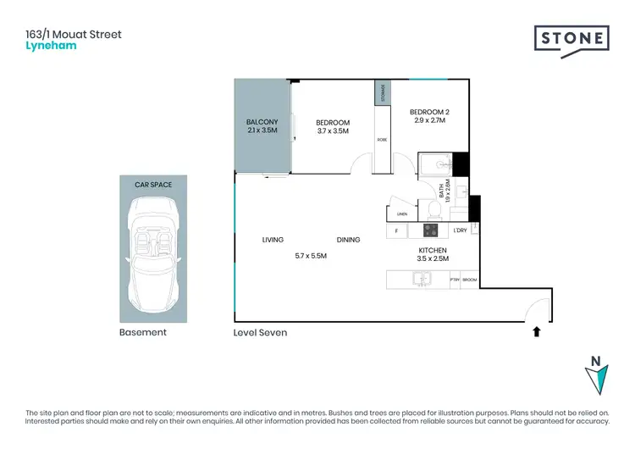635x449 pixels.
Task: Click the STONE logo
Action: pyautogui.click(x=571, y=40)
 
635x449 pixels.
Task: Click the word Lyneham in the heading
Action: pyautogui.click(x=52, y=46)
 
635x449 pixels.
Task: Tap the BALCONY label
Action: pyautogui.click(x=262, y=122)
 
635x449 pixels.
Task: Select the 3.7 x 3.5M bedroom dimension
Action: pyautogui.click(x=333, y=132)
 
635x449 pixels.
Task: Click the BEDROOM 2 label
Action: pyautogui.click(x=428, y=111)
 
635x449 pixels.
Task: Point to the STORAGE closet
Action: pyautogui.click(x=383, y=93)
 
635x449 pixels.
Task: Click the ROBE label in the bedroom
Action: pyautogui.click(x=382, y=140)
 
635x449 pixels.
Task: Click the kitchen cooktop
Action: pyautogui.click(x=430, y=230)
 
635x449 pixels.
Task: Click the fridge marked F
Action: pyautogui.click(x=396, y=230)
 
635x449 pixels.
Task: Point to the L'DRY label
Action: pyautogui.click(x=460, y=230)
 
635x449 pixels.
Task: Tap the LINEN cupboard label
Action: pyautogui.click(x=402, y=213)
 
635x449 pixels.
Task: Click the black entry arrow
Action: pyautogui.click(x=537, y=333)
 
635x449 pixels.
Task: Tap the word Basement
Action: pyautogui.click(x=143, y=333)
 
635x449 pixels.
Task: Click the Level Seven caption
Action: pyautogui.click(x=260, y=333)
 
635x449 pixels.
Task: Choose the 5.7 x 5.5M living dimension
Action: pyautogui.click(x=310, y=255)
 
